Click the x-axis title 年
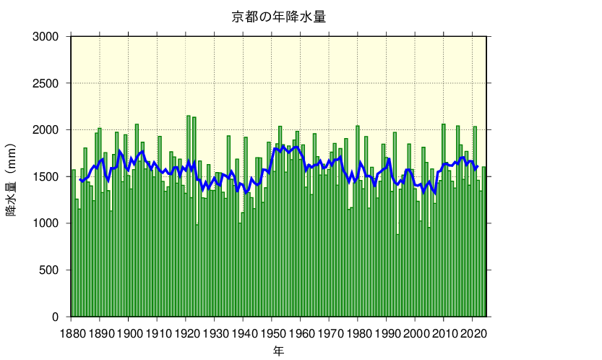278,351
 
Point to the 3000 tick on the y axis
51,36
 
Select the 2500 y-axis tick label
51,83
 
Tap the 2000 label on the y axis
51,130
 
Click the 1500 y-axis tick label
51,177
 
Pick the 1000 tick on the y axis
51,223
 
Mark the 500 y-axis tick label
53,270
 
